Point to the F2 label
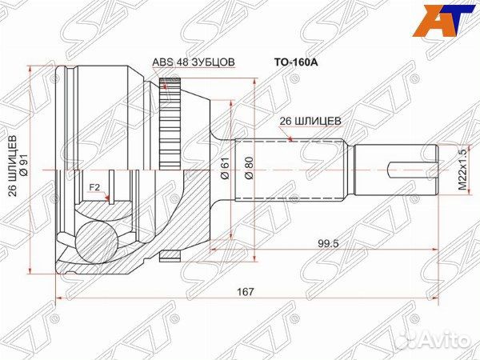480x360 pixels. [x=94, y=189]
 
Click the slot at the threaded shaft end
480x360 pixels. [x=412, y=170]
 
